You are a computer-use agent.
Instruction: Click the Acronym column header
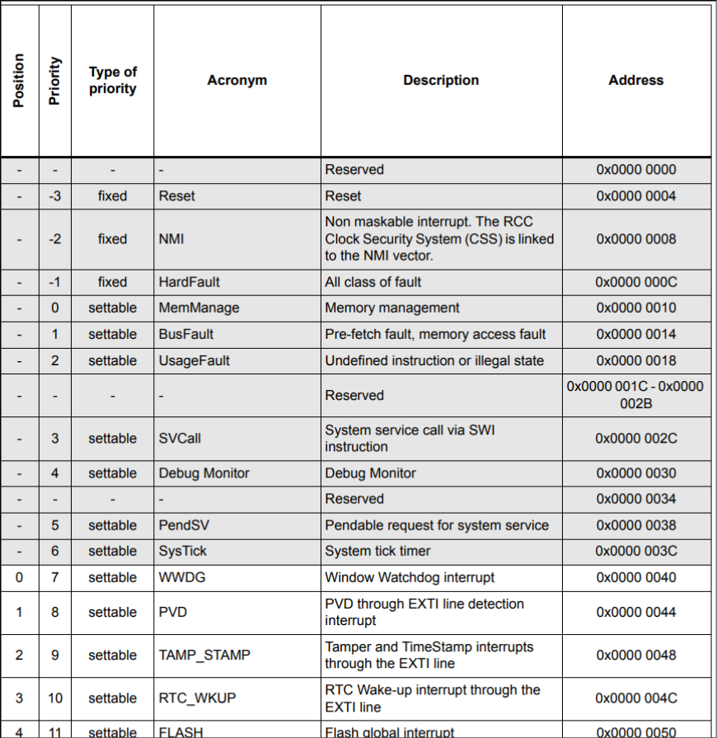click(x=237, y=80)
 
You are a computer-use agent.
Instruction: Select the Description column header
click(x=441, y=80)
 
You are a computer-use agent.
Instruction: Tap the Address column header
click(x=635, y=80)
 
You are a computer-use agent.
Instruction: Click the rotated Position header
click(x=19, y=80)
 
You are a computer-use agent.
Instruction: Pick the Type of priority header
click(x=112, y=80)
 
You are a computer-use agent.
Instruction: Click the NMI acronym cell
click(x=171, y=239)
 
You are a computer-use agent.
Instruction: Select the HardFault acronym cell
click(x=189, y=282)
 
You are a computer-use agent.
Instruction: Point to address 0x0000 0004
click(x=635, y=196)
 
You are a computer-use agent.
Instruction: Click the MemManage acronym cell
click(x=199, y=308)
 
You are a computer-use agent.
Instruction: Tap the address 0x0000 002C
click(x=635, y=439)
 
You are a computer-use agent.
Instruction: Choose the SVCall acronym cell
click(x=180, y=439)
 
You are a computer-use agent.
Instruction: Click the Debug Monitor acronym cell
click(x=204, y=473)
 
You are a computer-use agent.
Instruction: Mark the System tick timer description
click(x=389, y=551)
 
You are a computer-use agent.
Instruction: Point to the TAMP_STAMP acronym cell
click(x=204, y=656)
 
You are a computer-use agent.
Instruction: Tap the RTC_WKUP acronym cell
click(x=197, y=698)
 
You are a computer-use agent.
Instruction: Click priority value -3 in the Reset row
click(x=54, y=196)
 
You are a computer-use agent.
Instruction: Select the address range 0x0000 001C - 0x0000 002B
click(x=635, y=395)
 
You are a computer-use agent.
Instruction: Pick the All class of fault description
click(x=373, y=282)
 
